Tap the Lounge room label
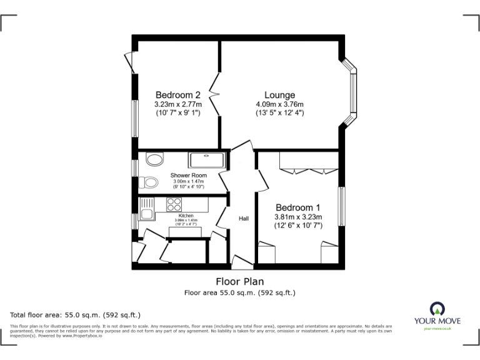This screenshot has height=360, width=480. click(x=279, y=95)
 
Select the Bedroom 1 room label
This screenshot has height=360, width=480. click(x=297, y=207)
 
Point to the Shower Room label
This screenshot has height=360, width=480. click(x=188, y=176)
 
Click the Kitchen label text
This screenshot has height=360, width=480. click(x=186, y=216)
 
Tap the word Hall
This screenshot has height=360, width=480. click(x=244, y=218)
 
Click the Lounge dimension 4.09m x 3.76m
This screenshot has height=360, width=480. click(x=279, y=104)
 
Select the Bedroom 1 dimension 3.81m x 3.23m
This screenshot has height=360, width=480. click(x=297, y=217)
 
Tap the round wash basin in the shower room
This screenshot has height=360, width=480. click(x=154, y=160)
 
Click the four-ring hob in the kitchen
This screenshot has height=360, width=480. click(x=173, y=204)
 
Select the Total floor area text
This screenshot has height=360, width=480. click(x=76, y=315)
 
